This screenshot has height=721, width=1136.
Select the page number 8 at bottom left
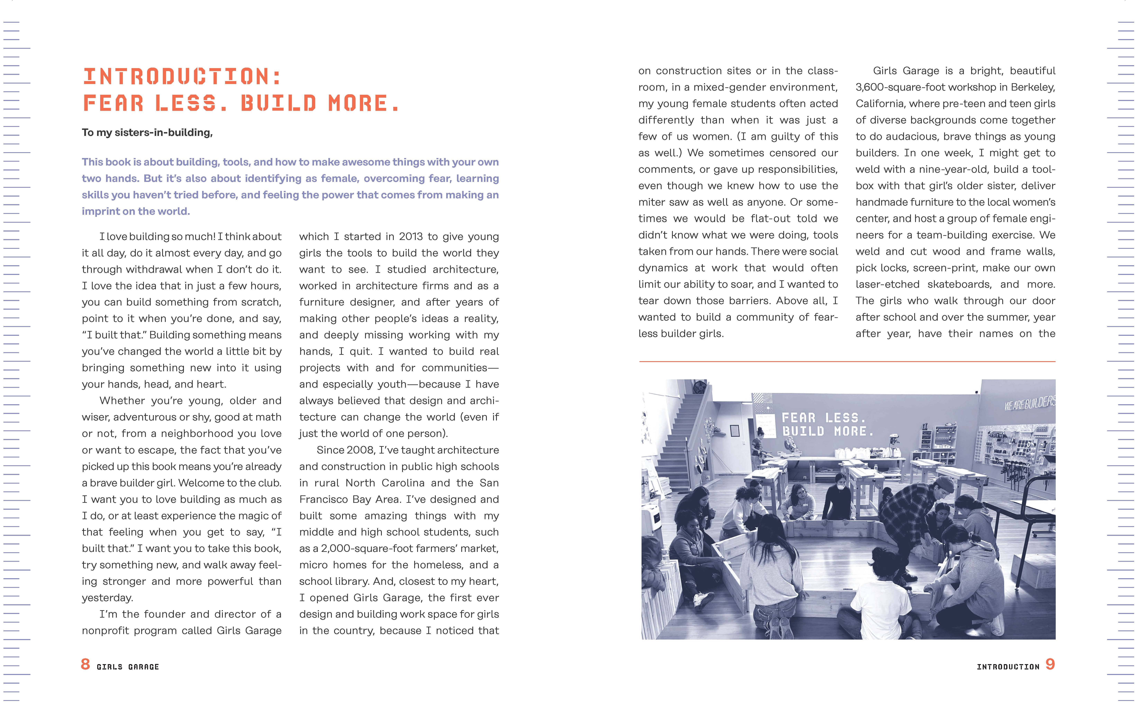click(85, 664)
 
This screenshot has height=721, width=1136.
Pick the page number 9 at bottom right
click(1050, 664)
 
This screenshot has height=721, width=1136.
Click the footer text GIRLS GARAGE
click(128, 667)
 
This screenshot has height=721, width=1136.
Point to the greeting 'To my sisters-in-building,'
click(147, 132)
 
